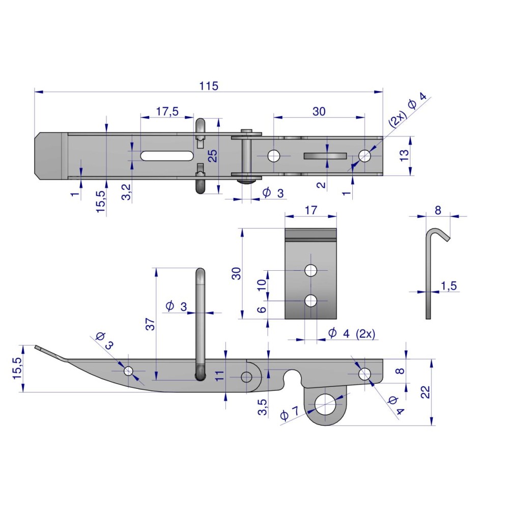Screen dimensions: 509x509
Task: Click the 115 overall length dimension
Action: [x=209, y=86]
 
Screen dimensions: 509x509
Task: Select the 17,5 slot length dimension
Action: [x=167, y=111]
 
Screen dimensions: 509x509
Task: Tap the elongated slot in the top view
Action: [x=167, y=155]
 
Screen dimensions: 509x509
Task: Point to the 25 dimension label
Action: [x=213, y=156]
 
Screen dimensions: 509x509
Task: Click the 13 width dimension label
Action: [x=404, y=155]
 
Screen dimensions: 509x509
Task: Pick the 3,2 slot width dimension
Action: [x=126, y=192]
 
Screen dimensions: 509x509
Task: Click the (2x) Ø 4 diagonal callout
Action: [x=407, y=109]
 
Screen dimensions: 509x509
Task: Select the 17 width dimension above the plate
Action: [x=310, y=210]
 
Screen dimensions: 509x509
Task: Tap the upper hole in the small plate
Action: [x=310, y=270]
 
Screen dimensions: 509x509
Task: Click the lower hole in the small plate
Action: [x=310, y=301]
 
